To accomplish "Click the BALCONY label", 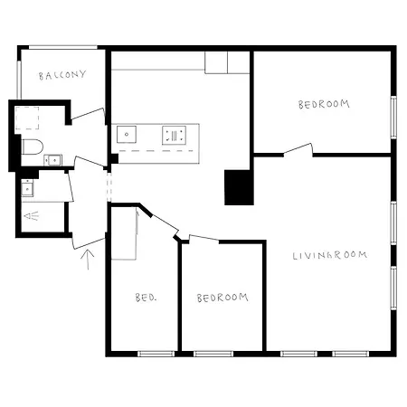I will [x=62, y=75].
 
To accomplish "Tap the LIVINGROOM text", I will [x=330, y=255].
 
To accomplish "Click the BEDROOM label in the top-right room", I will [x=324, y=105].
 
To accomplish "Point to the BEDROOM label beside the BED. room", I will [x=222, y=297].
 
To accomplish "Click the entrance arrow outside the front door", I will [x=88, y=260].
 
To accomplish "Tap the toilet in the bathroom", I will [x=31, y=147].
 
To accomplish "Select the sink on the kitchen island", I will [x=127, y=136].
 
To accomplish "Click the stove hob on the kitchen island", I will [x=173, y=136].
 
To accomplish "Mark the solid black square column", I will [x=239, y=187].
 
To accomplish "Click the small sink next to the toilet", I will [x=53, y=160].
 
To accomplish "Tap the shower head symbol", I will [x=32, y=216].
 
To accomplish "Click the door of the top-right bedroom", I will [x=298, y=149].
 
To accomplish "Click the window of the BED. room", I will [x=155, y=353].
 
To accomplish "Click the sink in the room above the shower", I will [x=27, y=187].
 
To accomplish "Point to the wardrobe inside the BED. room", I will [x=123, y=233].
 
